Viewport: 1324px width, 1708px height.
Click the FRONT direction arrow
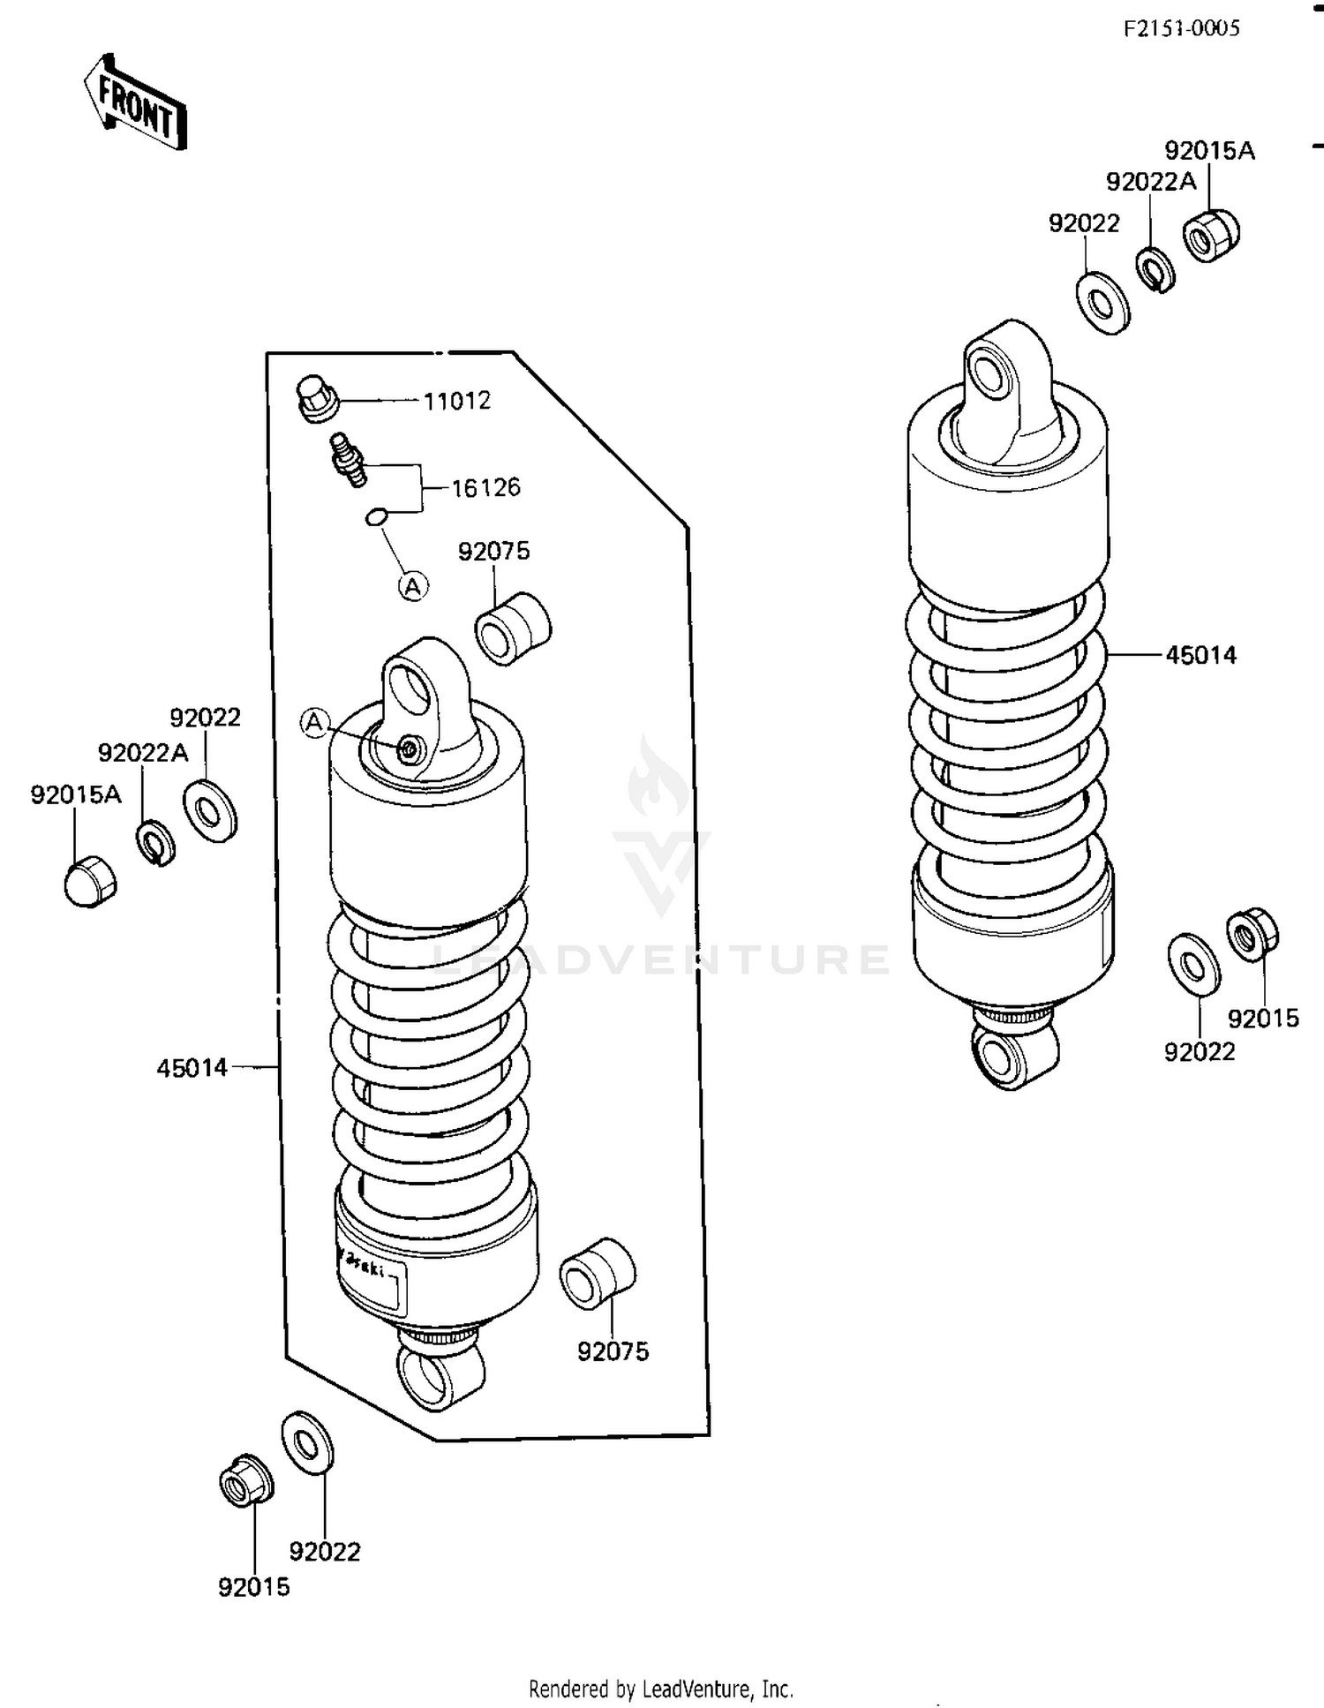[x=135, y=103]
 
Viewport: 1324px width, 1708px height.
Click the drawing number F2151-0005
[x=1181, y=29]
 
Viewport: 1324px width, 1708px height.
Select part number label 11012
[x=456, y=402]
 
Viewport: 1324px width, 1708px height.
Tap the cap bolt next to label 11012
[x=317, y=399]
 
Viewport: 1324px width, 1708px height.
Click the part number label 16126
[x=485, y=488]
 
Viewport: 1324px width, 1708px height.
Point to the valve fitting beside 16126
[x=349, y=458]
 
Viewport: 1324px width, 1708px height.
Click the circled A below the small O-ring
[x=413, y=585]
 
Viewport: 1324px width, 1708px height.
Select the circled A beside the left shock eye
[x=314, y=722]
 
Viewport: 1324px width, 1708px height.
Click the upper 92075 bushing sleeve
[x=513, y=628]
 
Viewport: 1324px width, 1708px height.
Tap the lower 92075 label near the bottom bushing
[x=613, y=1351]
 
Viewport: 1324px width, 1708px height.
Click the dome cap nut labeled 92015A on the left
[x=90, y=881]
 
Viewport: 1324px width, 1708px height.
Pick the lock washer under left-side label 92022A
[x=156, y=843]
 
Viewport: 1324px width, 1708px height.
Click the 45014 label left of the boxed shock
[x=192, y=1068]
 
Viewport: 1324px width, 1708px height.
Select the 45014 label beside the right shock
[x=1200, y=655]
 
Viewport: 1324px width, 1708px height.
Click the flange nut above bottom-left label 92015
[x=244, y=1480]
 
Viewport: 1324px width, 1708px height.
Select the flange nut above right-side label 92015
[x=1251, y=935]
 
